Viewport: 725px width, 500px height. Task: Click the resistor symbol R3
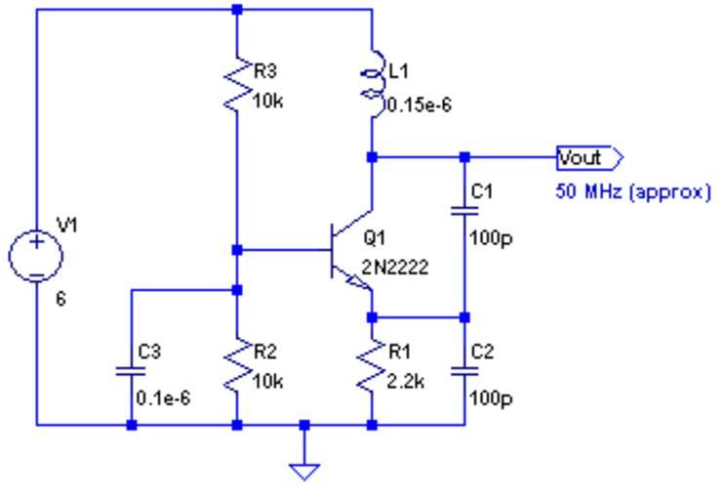click(238, 86)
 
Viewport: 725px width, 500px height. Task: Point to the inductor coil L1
click(372, 84)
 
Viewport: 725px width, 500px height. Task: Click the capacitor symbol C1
click(464, 211)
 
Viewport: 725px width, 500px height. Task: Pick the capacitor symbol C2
click(464, 371)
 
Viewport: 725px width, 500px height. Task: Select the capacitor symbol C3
click(132, 371)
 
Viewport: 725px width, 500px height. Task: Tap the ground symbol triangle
click(305, 471)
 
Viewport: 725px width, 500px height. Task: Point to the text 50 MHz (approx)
click(632, 192)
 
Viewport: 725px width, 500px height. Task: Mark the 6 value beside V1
click(60, 301)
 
